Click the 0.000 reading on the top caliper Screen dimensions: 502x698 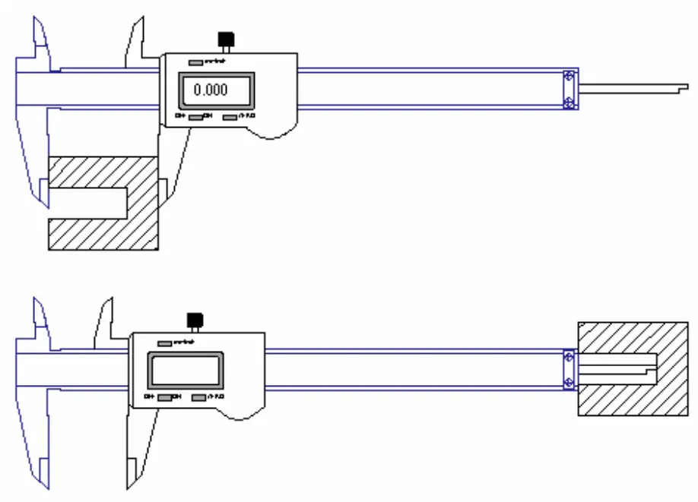(211, 90)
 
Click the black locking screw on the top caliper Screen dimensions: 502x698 (226, 39)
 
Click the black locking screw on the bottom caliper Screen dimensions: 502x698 (195, 319)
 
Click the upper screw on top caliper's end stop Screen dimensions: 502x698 (569, 77)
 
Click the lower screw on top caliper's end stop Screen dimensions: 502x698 (569, 103)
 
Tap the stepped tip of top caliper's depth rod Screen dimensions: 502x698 (679, 90)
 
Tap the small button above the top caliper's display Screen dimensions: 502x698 (195, 62)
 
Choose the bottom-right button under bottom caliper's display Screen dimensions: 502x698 (199, 397)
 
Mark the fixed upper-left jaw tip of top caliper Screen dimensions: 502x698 (35, 23)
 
